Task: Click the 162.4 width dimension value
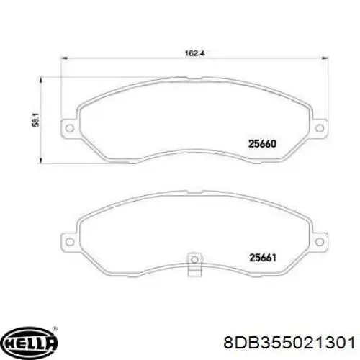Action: pyautogui.click(x=194, y=53)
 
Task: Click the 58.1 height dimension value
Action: pyautogui.click(x=36, y=121)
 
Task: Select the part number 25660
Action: pyautogui.click(x=263, y=144)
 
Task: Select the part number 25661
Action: pyautogui.click(x=263, y=258)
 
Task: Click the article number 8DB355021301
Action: pyautogui.click(x=289, y=342)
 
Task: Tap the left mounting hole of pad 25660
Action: pyautogui.click(x=70, y=128)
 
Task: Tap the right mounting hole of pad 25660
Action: pyautogui.click(x=319, y=128)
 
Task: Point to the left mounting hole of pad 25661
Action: pyautogui.click(x=70, y=242)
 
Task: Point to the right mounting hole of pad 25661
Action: pyautogui.click(x=319, y=242)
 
